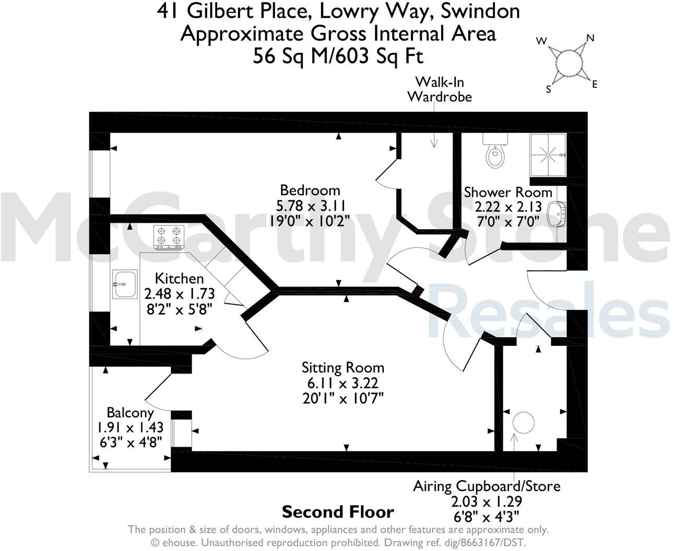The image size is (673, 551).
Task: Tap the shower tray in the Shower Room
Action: pos(548,154)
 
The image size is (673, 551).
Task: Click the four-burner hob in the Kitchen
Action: pos(169,236)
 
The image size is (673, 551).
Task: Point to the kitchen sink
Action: pos(124,284)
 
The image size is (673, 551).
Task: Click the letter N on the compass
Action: pos(591,38)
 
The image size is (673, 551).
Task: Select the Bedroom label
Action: pos(310,190)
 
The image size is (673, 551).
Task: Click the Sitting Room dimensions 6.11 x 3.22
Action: pos(343,384)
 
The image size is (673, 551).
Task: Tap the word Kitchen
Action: pos(179,278)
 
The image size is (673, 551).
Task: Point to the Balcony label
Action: pos(130,413)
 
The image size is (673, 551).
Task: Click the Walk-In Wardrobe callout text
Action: pos(439,89)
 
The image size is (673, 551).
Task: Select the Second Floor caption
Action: pos(338,512)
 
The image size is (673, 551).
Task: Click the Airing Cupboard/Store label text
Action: pos(487,486)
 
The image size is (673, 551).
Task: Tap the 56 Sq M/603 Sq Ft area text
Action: pos(338,55)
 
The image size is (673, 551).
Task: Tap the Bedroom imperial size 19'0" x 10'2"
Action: pos(309,220)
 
